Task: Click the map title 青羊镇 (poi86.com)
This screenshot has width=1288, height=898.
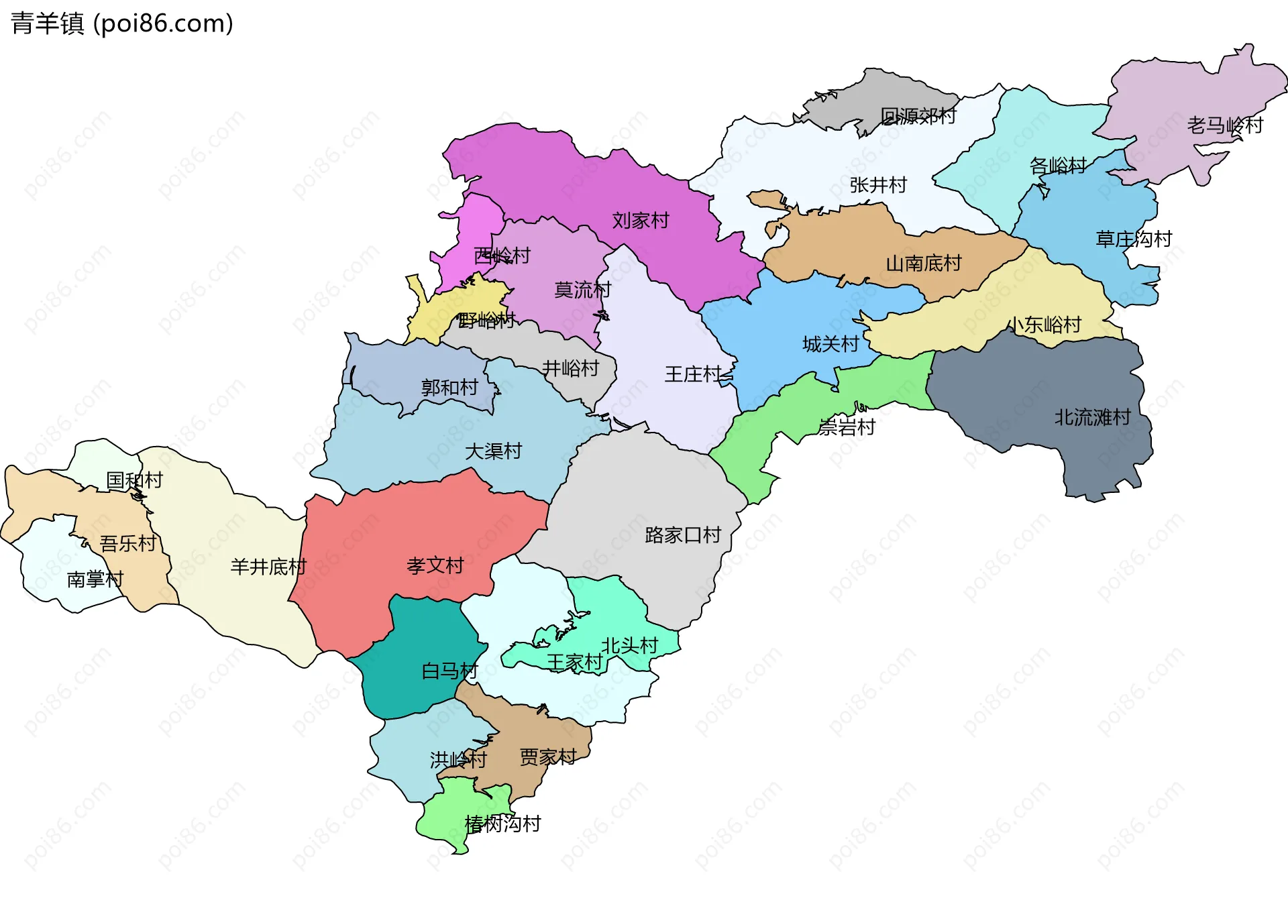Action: point(122,23)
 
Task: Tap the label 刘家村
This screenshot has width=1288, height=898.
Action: point(641,221)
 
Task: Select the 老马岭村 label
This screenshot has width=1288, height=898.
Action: point(1225,125)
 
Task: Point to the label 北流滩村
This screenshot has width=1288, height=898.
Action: point(1093,418)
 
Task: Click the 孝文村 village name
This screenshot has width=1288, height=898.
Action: point(435,566)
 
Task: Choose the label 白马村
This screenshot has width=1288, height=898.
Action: point(449,671)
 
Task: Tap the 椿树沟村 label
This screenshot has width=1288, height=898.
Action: point(502,824)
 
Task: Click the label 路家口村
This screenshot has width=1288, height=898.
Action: point(683,535)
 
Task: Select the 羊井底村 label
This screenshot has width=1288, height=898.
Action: point(268,567)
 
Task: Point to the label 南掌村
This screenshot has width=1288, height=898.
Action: point(95,579)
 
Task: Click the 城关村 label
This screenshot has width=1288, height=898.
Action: point(830,345)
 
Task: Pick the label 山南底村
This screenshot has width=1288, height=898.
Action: point(924,264)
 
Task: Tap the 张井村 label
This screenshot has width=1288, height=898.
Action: point(878,185)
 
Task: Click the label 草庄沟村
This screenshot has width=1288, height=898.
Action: point(1134,239)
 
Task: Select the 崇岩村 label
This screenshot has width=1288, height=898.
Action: point(847,427)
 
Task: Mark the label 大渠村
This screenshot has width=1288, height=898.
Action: point(494,451)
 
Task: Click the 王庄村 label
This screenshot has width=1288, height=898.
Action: point(693,374)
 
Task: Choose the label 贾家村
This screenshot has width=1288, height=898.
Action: point(548,757)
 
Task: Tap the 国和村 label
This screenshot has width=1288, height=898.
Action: point(135,480)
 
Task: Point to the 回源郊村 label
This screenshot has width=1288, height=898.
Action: point(918,117)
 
